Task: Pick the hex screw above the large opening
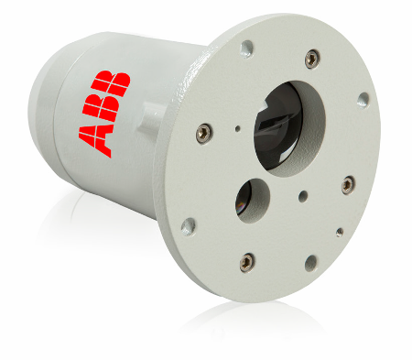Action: tap(313, 58)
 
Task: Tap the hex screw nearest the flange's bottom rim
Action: tap(246, 263)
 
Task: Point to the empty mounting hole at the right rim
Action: tap(363, 99)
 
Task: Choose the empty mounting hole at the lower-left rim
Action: tap(188, 225)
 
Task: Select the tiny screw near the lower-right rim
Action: tap(340, 233)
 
